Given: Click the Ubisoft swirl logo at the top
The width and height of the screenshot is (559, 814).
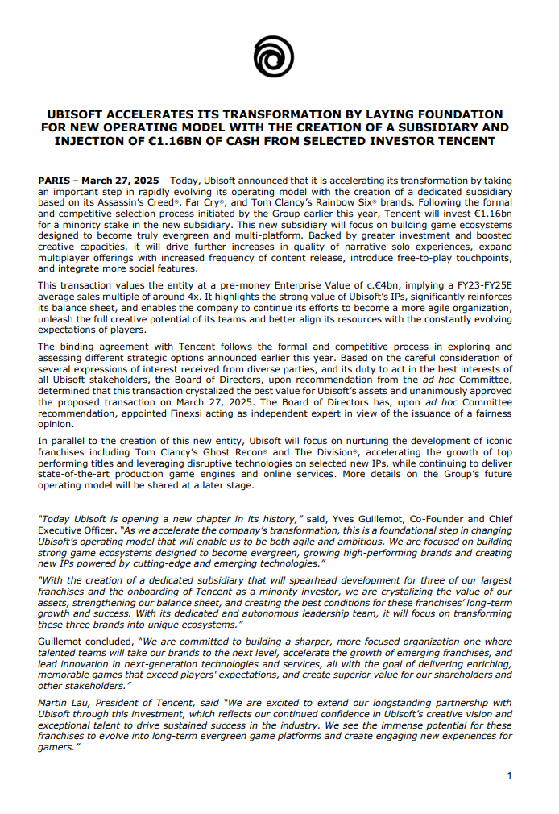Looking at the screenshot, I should click(x=273, y=57).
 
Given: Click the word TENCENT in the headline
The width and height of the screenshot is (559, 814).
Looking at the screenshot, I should click(x=466, y=141).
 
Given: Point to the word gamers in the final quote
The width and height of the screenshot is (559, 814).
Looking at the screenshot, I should click(x=56, y=748).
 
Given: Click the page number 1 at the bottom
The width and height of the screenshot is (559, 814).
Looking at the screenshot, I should click(x=509, y=775).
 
